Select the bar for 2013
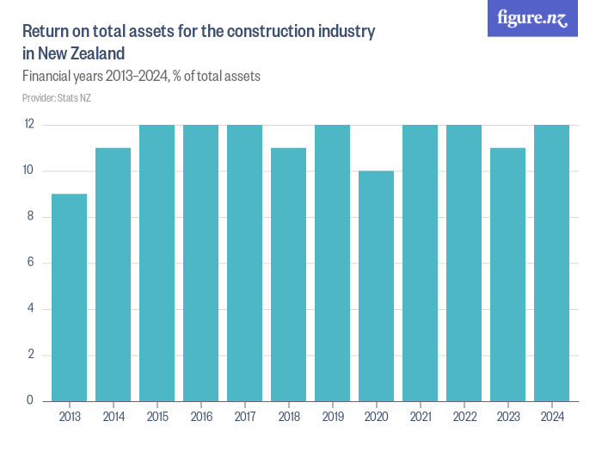pos(69,297)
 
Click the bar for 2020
pos(376,286)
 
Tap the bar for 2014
pos(113,274)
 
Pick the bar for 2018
pos(288,274)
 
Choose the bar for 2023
pos(507,274)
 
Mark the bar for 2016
pos(200,263)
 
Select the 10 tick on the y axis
pos(29,170)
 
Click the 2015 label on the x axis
pos(157,418)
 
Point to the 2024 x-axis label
pos(551,418)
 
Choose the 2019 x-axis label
pos(332,418)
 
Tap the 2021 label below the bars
pos(420,418)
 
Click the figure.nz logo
pos(533,19)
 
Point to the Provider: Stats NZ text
pos(57,98)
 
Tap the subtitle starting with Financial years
pos(141,77)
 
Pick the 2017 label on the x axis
pos(244,418)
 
